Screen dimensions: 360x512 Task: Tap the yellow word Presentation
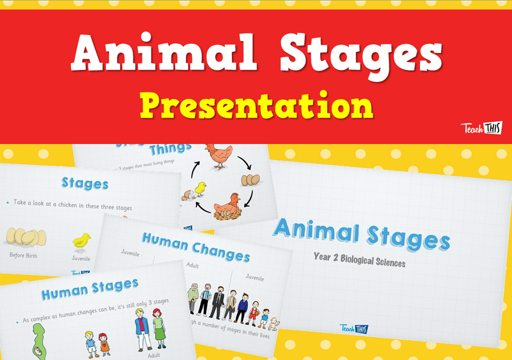(256, 106)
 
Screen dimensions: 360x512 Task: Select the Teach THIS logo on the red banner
(481, 129)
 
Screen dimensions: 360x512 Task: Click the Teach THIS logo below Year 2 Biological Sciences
(354, 328)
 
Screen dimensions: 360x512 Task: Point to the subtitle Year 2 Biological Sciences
(359, 262)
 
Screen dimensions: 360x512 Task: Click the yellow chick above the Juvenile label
(82, 242)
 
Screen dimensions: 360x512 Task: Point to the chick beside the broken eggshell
(199, 189)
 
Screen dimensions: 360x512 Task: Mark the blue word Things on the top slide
(170, 148)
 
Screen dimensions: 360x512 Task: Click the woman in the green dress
(159, 327)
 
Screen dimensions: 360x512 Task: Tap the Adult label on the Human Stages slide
(154, 355)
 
